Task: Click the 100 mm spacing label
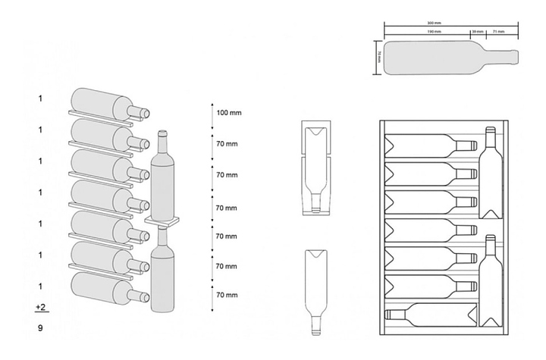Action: pos(228,113)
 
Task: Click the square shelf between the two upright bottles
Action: pos(164,221)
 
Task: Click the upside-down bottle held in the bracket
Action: pos(316,171)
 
